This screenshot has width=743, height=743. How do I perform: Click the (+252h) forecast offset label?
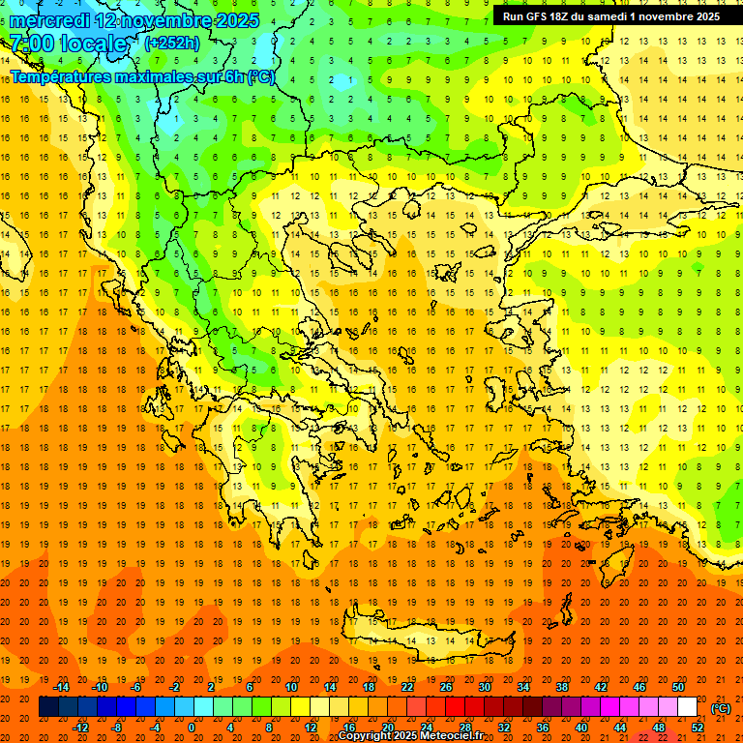point(171,43)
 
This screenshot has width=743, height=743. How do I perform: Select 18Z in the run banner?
point(567,16)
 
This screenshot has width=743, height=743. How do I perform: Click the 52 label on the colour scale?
point(698,728)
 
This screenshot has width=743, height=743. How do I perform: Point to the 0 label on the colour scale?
point(192,728)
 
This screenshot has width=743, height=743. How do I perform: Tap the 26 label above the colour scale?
point(446,687)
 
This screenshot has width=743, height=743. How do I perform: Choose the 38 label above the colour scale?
point(561,687)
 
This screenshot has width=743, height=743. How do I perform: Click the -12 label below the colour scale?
point(80,728)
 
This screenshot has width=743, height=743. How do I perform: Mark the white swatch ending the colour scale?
point(688,707)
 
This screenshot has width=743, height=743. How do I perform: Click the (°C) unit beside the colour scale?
point(721,708)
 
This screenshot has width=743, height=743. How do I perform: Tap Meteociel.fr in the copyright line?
point(451,736)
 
